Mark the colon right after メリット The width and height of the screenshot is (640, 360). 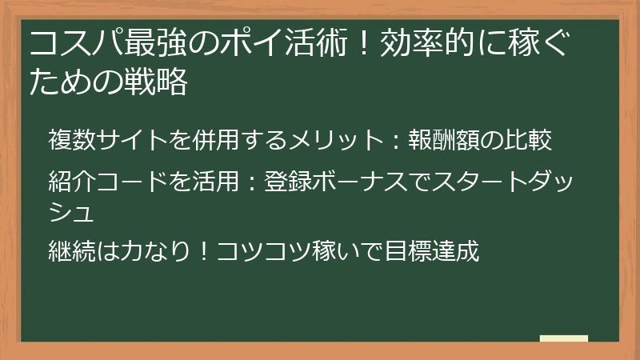(394, 141)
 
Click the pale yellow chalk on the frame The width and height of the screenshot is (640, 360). (563, 338)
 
